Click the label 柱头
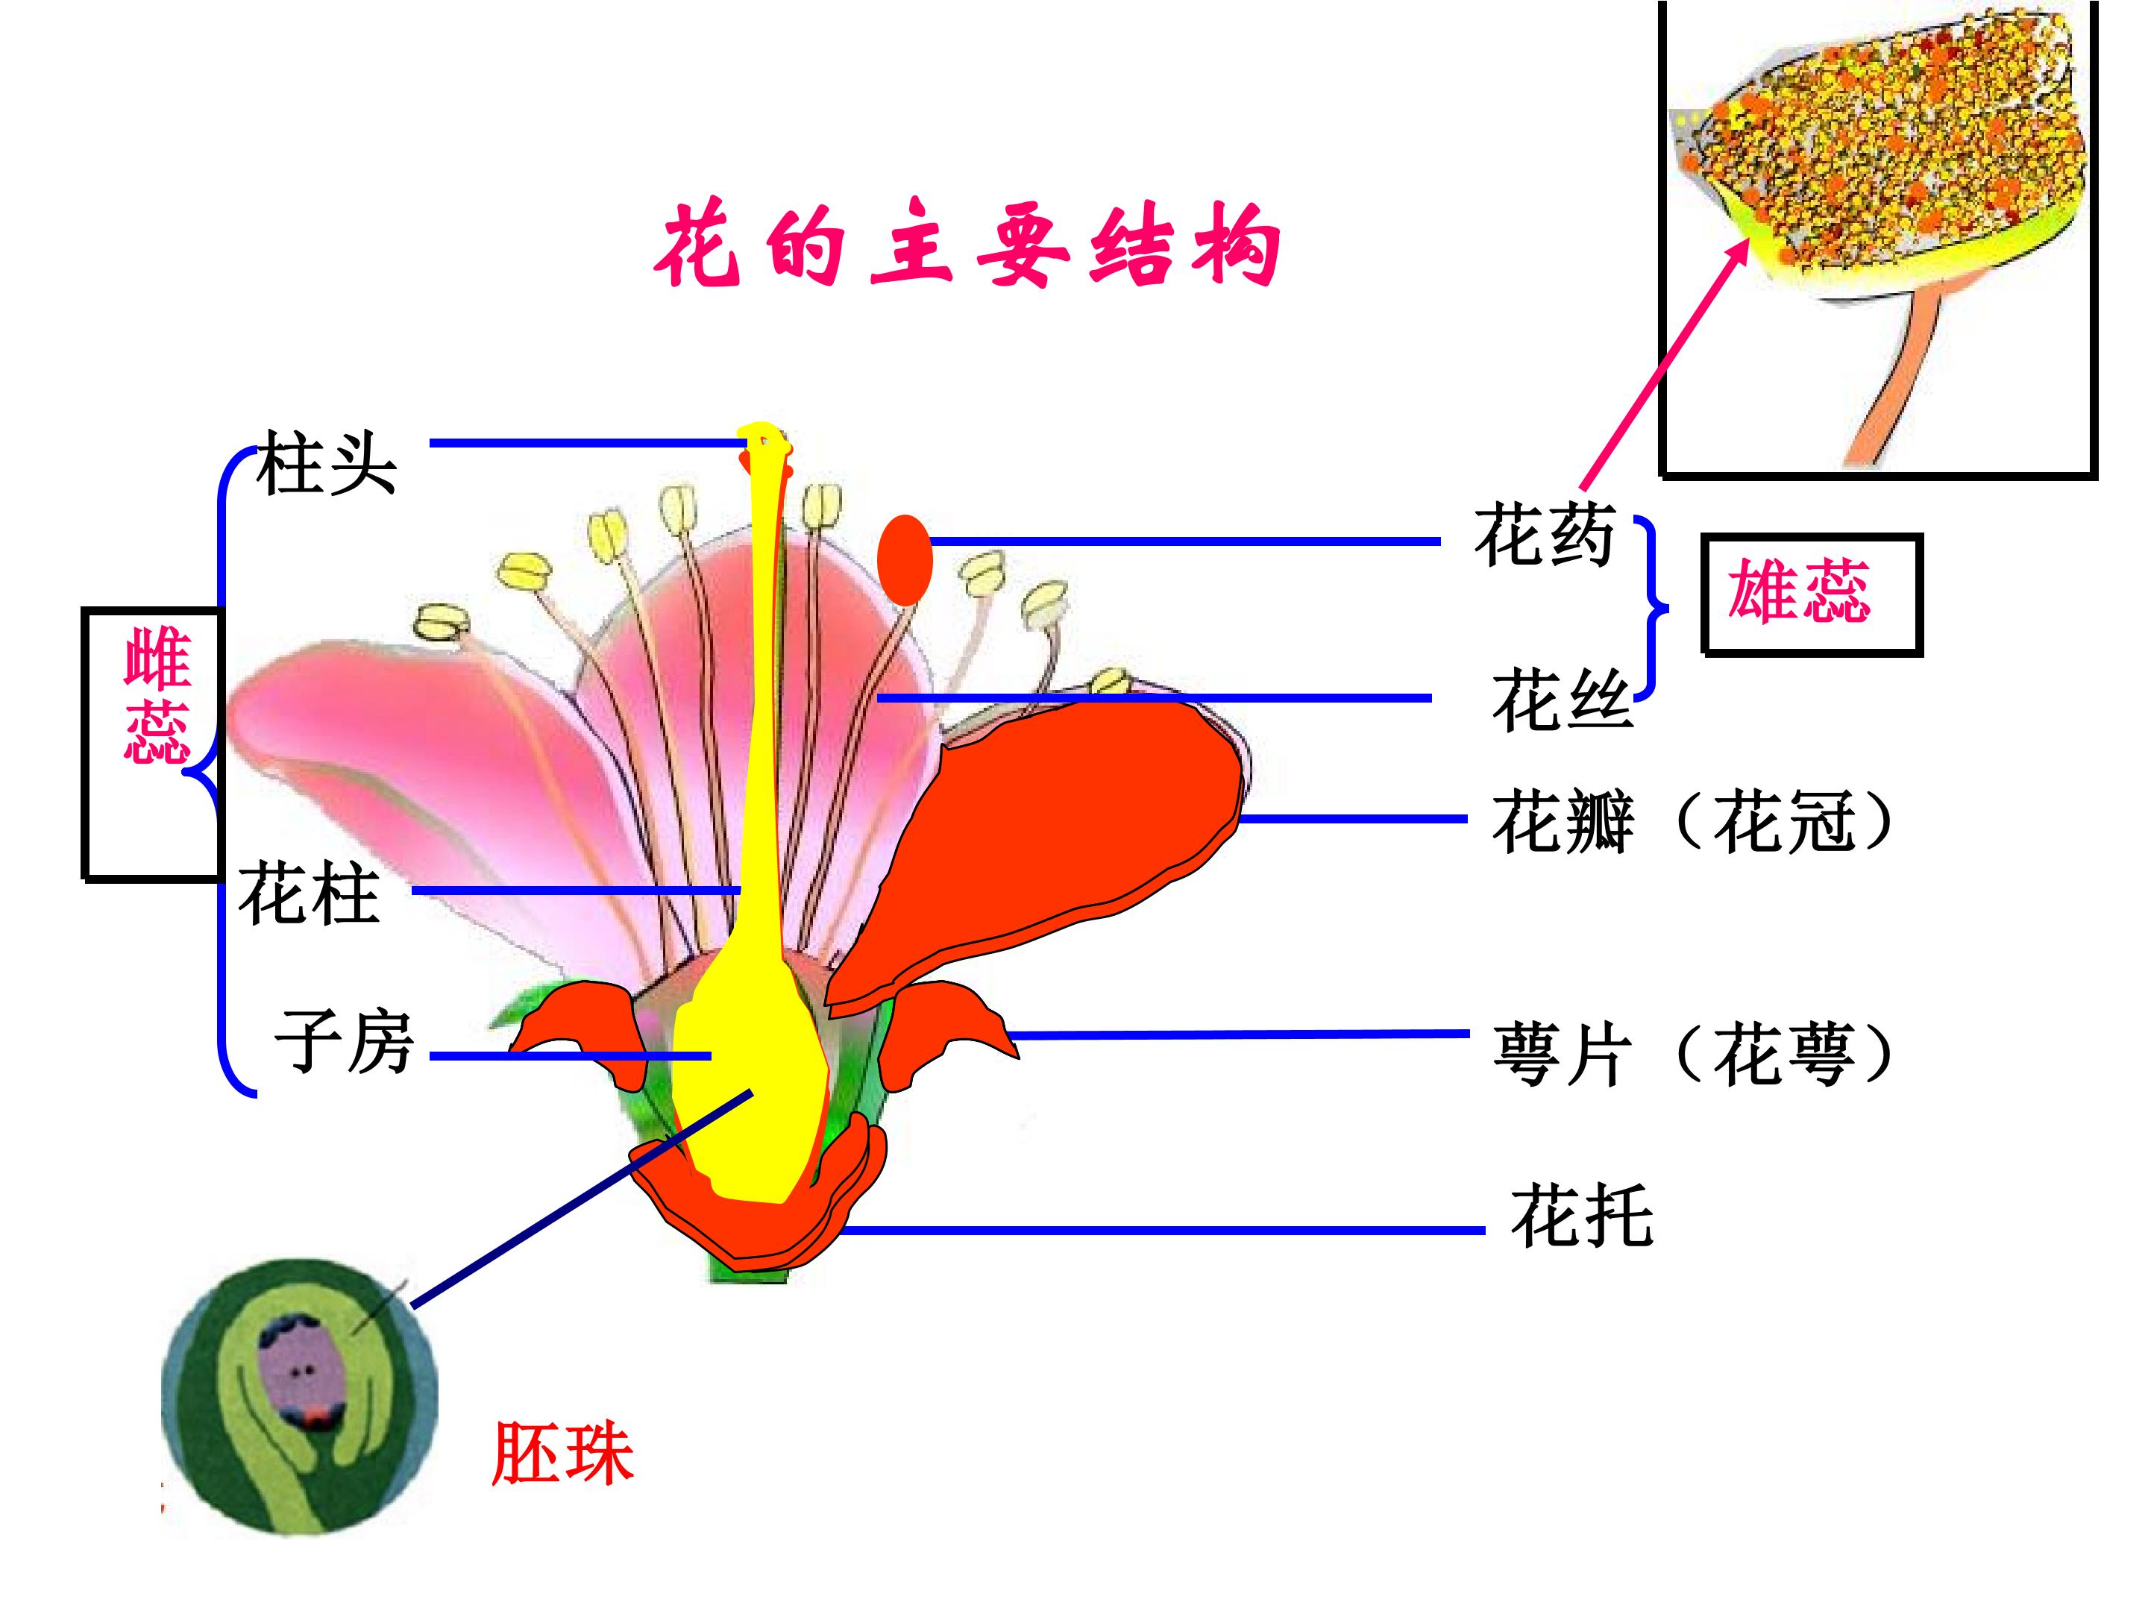pos(326,464)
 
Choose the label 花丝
pos(1563,698)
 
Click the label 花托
pos(1581,1215)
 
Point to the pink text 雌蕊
pos(157,695)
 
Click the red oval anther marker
pos(905,560)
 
